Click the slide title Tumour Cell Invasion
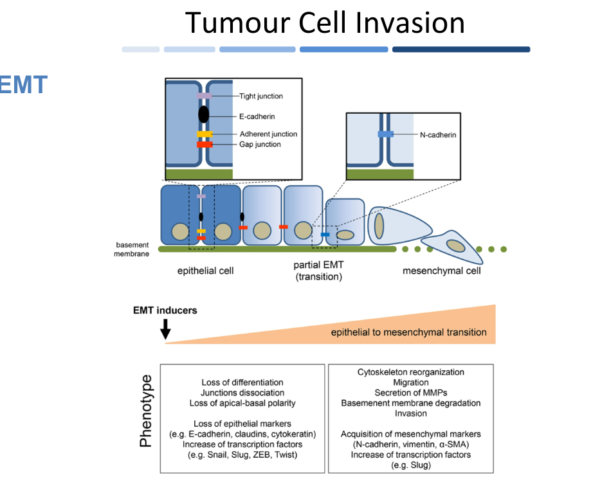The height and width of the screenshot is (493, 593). (325, 23)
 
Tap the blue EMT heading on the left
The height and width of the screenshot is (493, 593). (24, 85)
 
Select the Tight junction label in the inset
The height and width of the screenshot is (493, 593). (260, 96)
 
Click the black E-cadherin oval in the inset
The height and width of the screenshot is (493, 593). (203, 114)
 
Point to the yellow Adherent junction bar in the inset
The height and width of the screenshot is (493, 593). (205, 134)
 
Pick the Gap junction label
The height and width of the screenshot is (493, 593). (260, 145)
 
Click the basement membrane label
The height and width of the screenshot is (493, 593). (132, 249)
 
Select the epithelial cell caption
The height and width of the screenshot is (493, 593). (205, 271)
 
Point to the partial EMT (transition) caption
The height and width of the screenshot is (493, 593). (318, 271)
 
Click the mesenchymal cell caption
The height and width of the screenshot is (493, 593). (441, 271)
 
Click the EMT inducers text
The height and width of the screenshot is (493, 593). (165, 310)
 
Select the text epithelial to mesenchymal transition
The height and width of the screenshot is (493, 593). (408, 332)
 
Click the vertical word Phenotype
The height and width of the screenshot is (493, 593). (147, 411)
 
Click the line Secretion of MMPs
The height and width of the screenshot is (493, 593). (411, 393)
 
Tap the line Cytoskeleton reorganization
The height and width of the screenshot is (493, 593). (411, 372)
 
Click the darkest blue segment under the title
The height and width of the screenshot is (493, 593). (461, 49)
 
